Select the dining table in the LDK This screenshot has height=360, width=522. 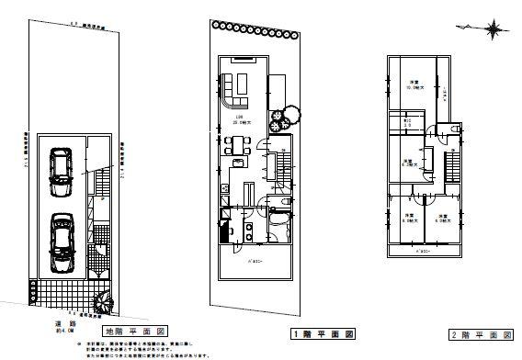[237, 143]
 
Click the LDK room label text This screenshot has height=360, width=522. [238, 118]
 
